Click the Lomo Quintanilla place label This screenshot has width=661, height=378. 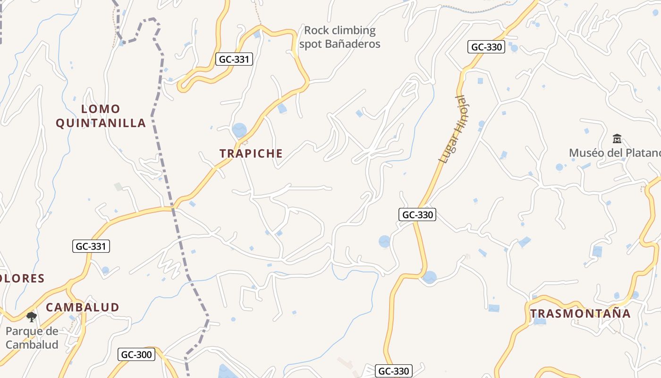(x=101, y=116)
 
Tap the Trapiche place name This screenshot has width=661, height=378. (x=251, y=153)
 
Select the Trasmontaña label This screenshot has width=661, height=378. (x=580, y=313)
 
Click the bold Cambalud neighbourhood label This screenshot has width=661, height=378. (x=83, y=307)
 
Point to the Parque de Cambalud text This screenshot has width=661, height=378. (x=32, y=337)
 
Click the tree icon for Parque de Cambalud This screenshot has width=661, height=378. (x=32, y=317)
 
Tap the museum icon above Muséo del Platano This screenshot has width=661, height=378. (x=617, y=138)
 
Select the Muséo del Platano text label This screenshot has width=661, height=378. (x=614, y=153)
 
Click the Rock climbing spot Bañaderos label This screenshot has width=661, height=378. (x=339, y=37)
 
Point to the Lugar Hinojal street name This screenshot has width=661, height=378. (x=452, y=129)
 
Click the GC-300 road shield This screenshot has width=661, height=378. (x=137, y=354)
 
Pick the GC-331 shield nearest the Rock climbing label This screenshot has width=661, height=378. (x=235, y=59)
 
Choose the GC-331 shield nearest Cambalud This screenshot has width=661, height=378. (x=91, y=246)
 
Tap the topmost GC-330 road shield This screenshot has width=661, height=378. (x=487, y=47)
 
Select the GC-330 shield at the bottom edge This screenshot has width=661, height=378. (x=394, y=371)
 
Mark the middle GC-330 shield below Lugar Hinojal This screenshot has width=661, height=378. (x=417, y=215)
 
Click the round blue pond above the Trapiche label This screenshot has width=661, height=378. (x=239, y=130)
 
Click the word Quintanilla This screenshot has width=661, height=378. (x=101, y=123)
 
